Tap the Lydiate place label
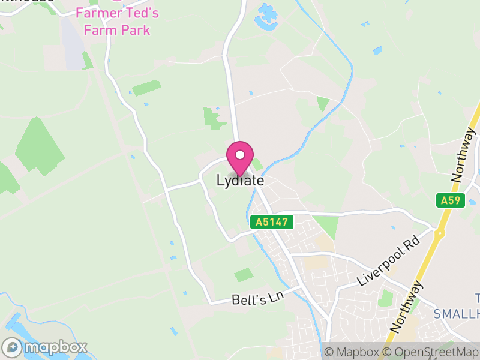pos(240,180)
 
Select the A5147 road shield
pos(272,222)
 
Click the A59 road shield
pos(452,200)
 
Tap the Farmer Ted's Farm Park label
pos(117,20)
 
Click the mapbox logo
pos(45,347)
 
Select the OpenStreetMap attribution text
pos(431,352)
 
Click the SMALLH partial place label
pos(456,313)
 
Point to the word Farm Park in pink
pos(117,29)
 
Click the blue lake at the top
pos(265,18)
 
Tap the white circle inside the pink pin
pos(240,155)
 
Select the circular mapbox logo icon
pos(13,347)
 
